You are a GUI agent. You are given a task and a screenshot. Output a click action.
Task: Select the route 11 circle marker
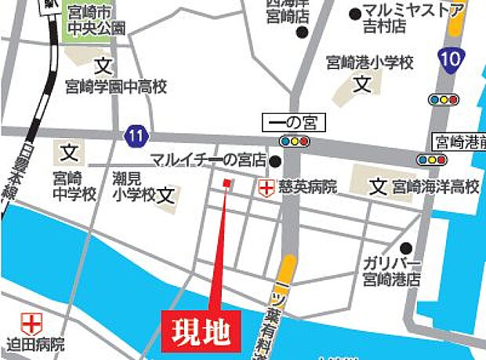136,136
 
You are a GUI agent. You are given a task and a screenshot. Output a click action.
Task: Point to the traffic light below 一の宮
295,141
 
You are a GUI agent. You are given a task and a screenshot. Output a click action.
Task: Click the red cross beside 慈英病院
267,187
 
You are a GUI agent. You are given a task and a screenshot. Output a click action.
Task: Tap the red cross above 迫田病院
31,322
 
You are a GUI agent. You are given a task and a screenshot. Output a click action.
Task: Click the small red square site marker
227,183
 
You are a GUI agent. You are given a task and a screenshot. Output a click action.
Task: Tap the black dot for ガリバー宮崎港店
405,245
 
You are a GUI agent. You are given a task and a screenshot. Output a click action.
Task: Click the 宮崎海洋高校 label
436,187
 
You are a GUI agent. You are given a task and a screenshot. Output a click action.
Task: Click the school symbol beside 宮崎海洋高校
379,187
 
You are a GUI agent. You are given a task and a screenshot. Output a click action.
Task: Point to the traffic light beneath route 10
443,100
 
